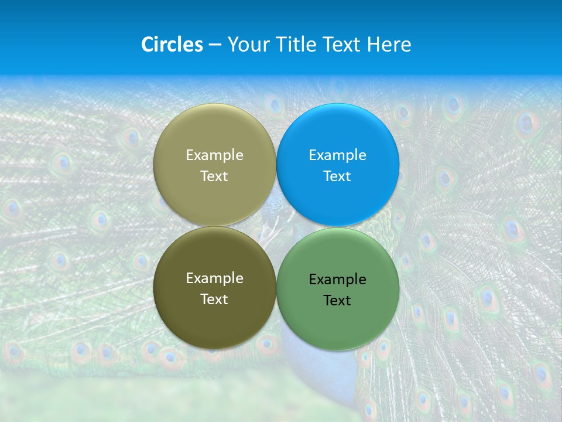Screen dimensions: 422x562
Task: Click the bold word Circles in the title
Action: (172, 45)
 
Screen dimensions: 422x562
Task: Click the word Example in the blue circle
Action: (338, 155)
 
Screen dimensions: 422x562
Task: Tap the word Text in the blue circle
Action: (337, 176)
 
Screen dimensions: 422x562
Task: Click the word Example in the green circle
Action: (338, 280)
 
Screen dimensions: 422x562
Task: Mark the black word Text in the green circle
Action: (337, 301)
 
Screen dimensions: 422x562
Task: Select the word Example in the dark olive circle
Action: (214, 278)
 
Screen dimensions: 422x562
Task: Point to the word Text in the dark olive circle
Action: (214, 300)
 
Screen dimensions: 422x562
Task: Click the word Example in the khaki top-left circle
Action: (214, 155)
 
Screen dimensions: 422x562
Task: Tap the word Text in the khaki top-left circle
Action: (214, 176)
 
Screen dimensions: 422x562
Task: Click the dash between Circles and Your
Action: (215, 45)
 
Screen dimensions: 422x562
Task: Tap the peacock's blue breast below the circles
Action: (319, 363)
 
